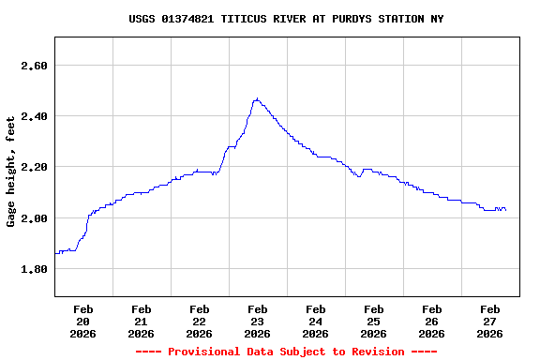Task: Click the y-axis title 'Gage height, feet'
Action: (x=11, y=172)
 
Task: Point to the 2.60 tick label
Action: (x=33, y=66)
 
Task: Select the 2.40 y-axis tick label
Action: (x=33, y=116)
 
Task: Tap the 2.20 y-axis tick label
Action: (x=33, y=167)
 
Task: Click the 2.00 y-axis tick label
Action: (x=33, y=217)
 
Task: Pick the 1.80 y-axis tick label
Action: (x=33, y=269)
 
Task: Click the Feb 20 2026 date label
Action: (x=82, y=321)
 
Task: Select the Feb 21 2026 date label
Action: (x=141, y=321)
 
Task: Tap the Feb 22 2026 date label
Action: (x=199, y=321)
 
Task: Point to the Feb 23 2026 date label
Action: (x=257, y=321)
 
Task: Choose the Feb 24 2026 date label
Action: (x=315, y=321)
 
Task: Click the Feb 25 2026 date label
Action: (x=373, y=321)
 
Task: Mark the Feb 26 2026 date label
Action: (x=431, y=321)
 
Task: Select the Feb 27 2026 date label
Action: (x=489, y=321)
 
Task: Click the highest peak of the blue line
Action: (x=256, y=98)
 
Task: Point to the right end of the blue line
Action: (x=506, y=210)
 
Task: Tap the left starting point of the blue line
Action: (x=55, y=253)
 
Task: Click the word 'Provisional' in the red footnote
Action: (x=203, y=352)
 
